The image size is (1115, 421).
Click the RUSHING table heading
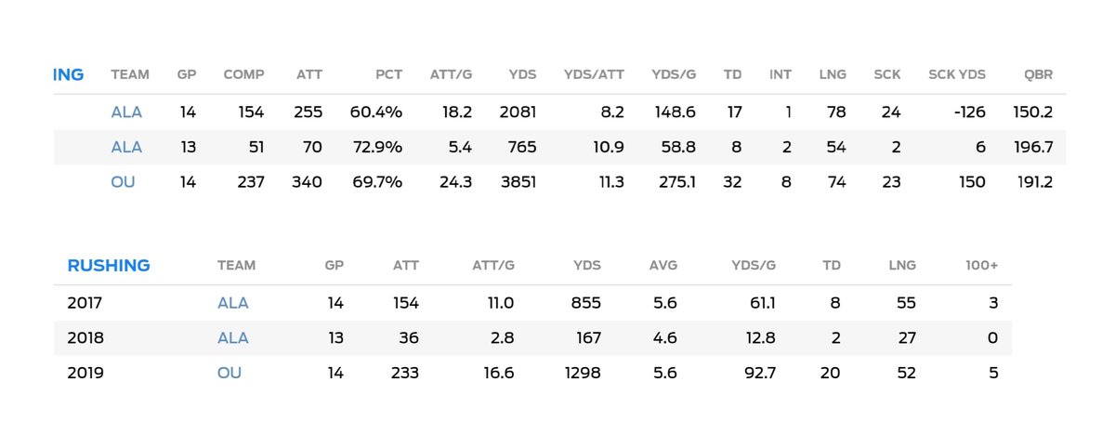[109, 265]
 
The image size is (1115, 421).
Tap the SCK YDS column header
[957, 74]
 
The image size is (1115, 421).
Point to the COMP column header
[243, 74]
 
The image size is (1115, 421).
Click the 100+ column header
[981, 265]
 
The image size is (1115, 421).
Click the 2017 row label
[85, 303]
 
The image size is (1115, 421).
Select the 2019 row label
[85, 373]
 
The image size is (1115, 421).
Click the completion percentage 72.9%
[376, 147]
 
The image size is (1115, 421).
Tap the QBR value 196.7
[1032, 147]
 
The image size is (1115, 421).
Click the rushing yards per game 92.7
[754, 373]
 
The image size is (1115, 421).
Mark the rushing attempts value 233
[405, 373]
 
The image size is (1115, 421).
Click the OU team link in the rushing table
[230, 373]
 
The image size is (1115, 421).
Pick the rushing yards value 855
[585, 303]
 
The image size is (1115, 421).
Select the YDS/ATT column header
[594, 74]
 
